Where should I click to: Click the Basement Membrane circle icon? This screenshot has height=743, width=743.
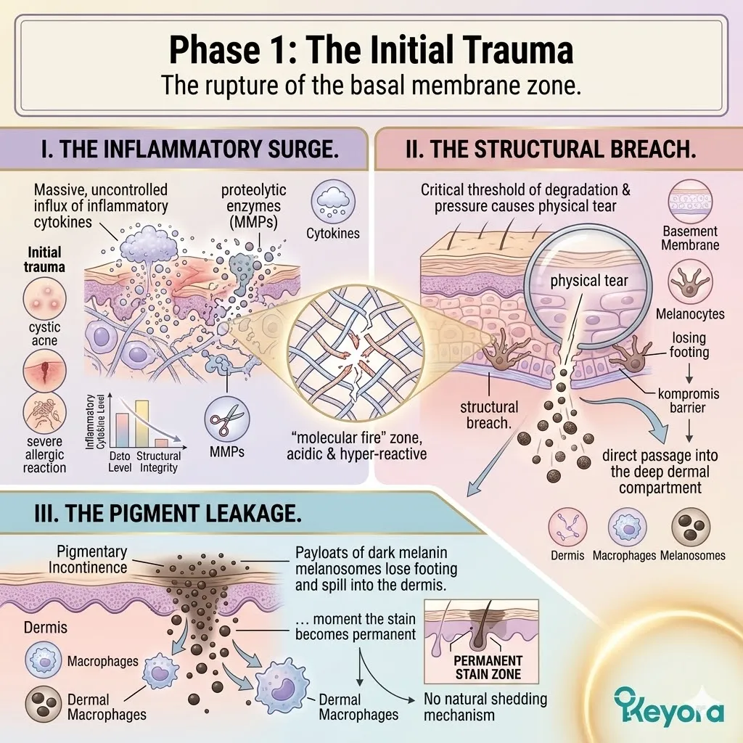click(691, 203)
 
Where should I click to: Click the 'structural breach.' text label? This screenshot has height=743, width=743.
click(489, 414)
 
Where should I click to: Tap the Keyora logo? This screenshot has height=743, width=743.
click(668, 705)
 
